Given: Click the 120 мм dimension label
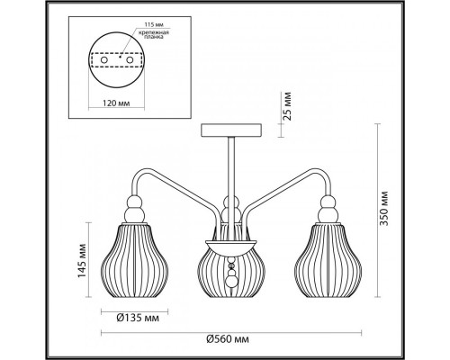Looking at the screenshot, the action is click(116, 103).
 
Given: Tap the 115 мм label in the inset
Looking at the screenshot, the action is click(154, 24).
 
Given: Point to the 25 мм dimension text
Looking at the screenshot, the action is click(287, 106).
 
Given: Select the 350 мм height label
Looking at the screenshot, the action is click(383, 208).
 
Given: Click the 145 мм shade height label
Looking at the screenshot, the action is click(82, 261).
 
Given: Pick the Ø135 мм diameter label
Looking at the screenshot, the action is click(138, 318).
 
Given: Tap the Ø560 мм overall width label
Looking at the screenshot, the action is click(228, 339).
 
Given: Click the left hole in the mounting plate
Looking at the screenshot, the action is click(103, 60).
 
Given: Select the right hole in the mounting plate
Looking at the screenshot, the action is click(130, 60).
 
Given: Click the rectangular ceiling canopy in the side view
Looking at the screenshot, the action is click(231, 130).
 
